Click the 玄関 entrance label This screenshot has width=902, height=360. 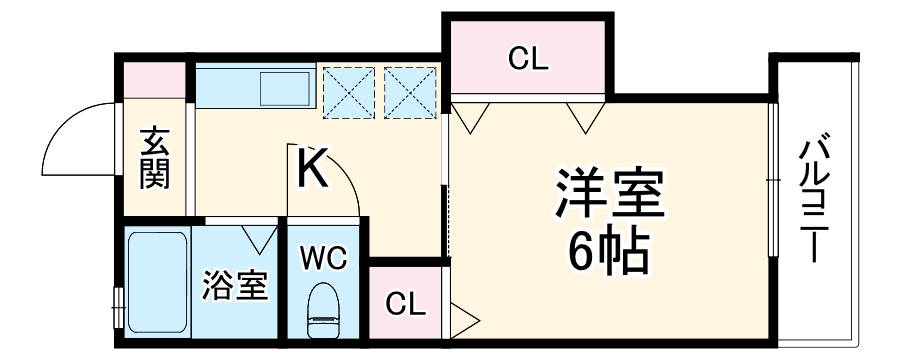pyautogui.click(x=155, y=158)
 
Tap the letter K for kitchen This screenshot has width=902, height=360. pyautogui.click(x=312, y=167)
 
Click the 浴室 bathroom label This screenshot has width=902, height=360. pyautogui.click(x=234, y=287)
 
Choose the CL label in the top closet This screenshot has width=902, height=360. pyautogui.click(x=527, y=60)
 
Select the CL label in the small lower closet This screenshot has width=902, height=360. pyautogui.click(x=405, y=302)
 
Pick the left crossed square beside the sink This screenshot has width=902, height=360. pyautogui.click(x=350, y=89)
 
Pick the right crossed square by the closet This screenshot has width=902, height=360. pyautogui.click(x=411, y=89)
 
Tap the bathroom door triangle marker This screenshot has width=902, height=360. pyautogui.click(x=259, y=239)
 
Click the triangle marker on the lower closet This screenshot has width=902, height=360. pyautogui.click(x=464, y=320)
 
